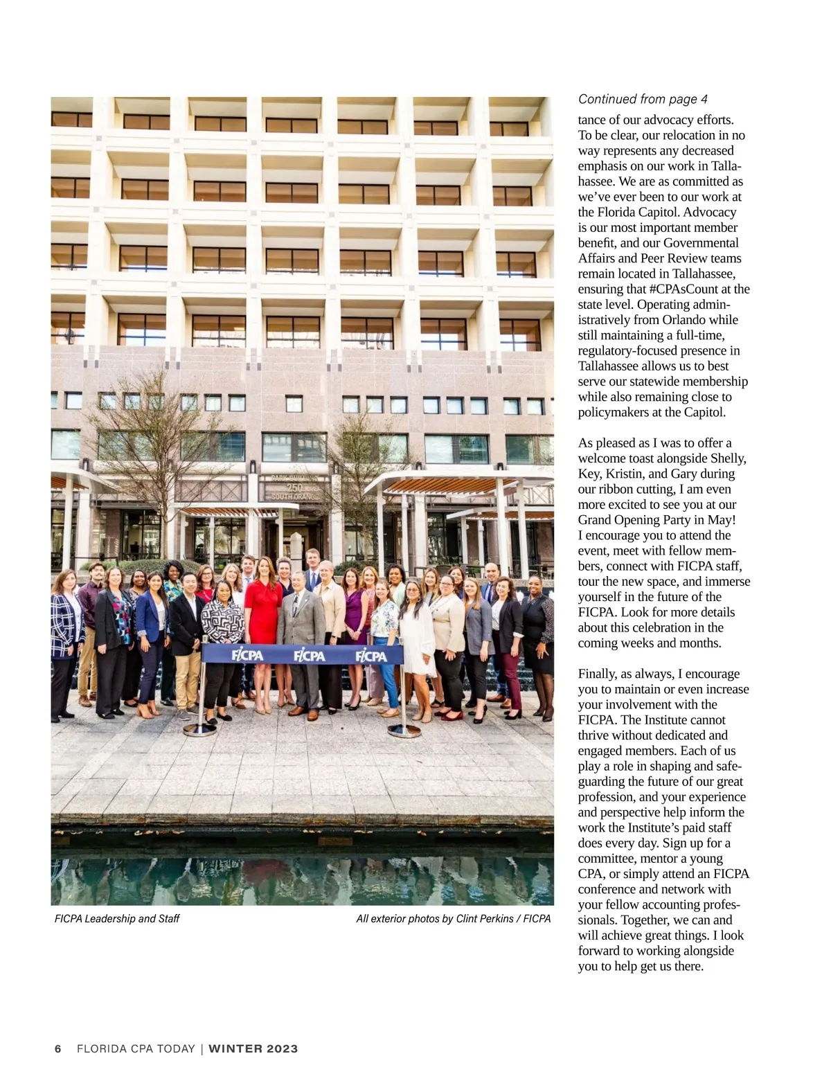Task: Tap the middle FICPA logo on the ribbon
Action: click(x=309, y=654)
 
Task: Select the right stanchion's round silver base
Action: click(x=404, y=730)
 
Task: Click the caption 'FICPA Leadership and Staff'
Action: click(x=117, y=919)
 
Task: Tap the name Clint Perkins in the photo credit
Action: click(x=484, y=919)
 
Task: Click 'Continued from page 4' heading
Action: click(x=643, y=99)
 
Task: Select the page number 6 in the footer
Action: click(x=58, y=1048)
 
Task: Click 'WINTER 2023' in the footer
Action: click(x=253, y=1048)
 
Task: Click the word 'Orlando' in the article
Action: click(x=700, y=320)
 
